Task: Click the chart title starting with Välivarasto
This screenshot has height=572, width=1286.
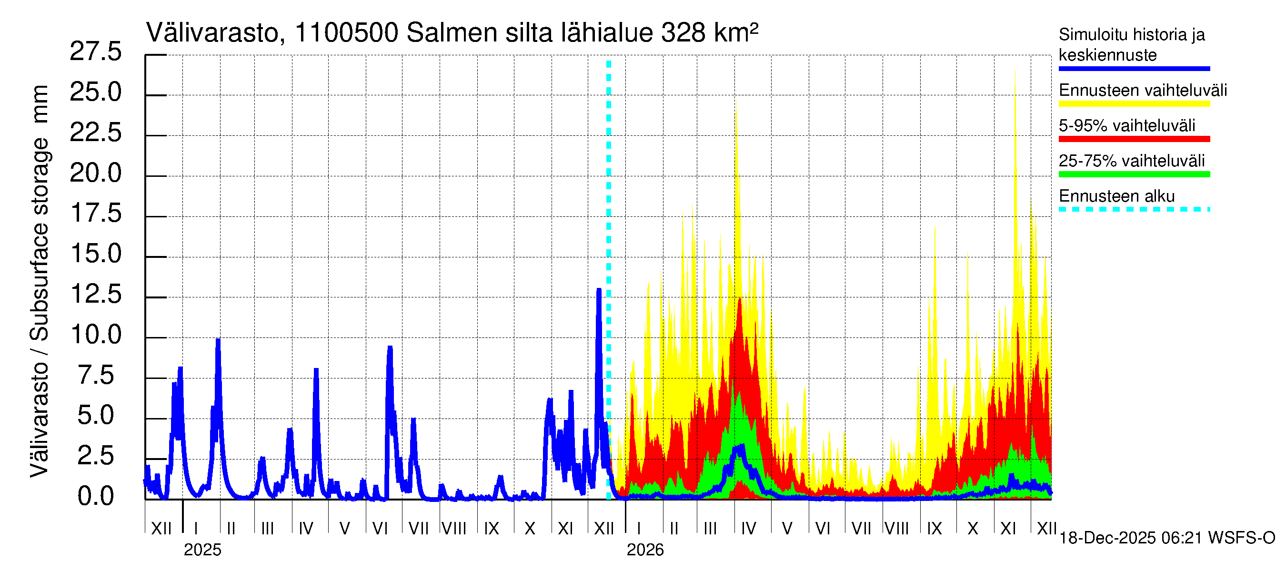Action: [452, 33]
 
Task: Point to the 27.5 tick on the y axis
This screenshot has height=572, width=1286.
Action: [95, 51]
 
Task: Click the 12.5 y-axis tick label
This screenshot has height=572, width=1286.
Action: [95, 294]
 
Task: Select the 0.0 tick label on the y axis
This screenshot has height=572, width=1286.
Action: [95, 496]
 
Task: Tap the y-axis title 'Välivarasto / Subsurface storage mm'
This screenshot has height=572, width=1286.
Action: [40, 281]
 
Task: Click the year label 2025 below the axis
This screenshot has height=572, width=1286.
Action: [202, 550]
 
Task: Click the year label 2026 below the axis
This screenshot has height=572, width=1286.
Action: [645, 550]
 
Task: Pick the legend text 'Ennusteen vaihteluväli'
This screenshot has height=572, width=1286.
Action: [1143, 91]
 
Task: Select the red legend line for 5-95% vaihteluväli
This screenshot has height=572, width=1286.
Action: [1134, 139]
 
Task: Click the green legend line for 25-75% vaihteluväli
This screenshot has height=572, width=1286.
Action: [1134, 174]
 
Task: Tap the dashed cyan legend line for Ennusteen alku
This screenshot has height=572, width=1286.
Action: [1134, 209]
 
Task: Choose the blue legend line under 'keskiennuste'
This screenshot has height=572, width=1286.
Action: [1134, 69]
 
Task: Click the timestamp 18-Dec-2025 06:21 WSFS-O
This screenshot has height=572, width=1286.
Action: [1166, 538]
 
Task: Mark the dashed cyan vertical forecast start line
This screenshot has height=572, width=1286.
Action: [609, 280]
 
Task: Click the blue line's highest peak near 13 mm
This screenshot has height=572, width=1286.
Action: [599, 290]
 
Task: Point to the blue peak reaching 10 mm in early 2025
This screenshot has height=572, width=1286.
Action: [218, 340]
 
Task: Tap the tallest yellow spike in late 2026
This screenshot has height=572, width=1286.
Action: [1015, 72]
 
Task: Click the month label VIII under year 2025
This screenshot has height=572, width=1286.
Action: [454, 528]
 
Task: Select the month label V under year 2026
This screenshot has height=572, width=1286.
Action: [787, 528]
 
